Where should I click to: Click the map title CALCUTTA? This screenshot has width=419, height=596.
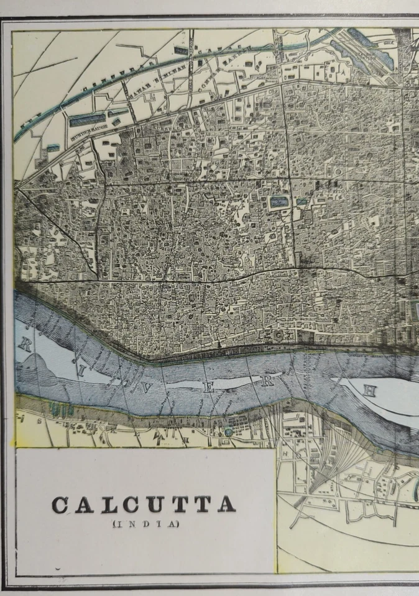[144, 505]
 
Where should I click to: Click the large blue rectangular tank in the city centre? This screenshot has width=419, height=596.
[279, 202]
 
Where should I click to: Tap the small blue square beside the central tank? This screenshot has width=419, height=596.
[302, 202]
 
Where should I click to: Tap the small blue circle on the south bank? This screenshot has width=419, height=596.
[229, 431]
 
